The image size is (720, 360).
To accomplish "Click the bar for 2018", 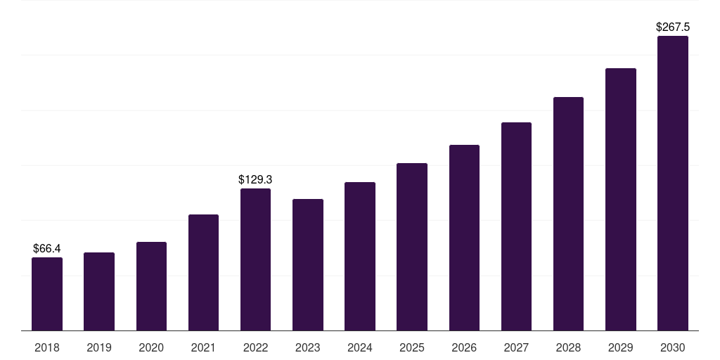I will [47, 294].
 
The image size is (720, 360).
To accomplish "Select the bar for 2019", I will [99, 292].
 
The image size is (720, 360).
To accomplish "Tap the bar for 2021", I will [203, 273].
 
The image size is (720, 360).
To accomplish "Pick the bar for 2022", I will [255, 259].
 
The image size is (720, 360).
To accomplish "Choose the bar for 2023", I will [308, 265].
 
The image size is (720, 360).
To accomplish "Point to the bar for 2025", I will [412, 247].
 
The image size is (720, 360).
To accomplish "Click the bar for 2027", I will [516, 226].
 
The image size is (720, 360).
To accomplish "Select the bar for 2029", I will [620, 200].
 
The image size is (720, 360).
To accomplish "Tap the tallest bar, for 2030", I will [673, 184].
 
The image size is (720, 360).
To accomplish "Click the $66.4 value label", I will [47, 249].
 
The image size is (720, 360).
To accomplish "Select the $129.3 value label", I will [255, 180].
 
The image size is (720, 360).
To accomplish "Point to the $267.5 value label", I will [673, 27].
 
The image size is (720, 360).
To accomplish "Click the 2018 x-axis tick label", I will [47, 347].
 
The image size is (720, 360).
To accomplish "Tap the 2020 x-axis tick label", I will [151, 347].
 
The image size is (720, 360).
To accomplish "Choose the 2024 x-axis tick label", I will [360, 347].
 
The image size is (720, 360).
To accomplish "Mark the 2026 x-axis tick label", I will [464, 347].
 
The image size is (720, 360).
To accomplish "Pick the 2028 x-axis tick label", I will [568, 347].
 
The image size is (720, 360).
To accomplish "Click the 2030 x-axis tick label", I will [673, 347].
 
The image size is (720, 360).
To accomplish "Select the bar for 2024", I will [360, 257].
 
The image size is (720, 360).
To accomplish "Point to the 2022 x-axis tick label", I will [255, 347].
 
